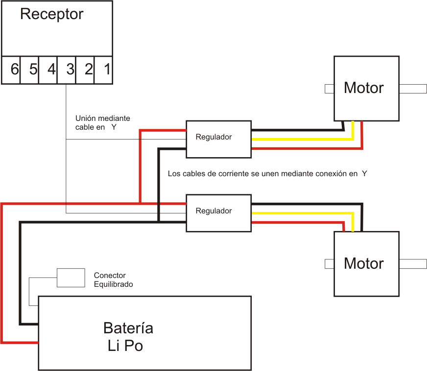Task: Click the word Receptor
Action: coord(52,14)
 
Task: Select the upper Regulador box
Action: coord(218,138)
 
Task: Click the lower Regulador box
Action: coord(218,211)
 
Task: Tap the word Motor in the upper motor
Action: coord(364,88)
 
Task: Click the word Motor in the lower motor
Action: coord(364,263)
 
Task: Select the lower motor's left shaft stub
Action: coord(330,264)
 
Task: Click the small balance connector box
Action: coord(71,278)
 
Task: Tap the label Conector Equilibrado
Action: coord(113,279)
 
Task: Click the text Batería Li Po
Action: coord(127,337)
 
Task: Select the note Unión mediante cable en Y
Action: coord(102,122)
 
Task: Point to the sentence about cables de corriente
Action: coord(267,174)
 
